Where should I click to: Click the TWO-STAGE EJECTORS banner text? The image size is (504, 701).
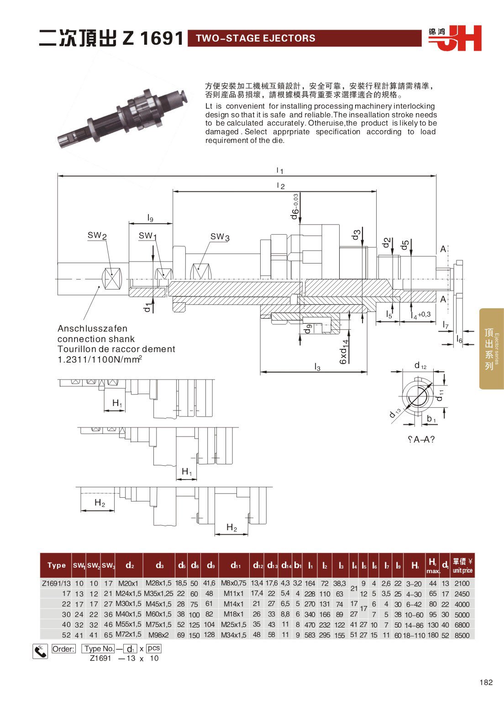point(255,38)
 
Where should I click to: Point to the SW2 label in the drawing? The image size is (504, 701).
point(97,236)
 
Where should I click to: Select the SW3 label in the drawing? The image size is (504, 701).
point(220,237)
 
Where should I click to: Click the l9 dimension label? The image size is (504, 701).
point(150,218)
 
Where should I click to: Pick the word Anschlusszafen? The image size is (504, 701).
point(92,328)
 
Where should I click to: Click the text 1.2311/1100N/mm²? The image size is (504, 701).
point(100,359)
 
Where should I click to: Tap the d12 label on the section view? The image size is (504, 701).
point(420,365)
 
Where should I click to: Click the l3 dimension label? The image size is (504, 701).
point(317,367)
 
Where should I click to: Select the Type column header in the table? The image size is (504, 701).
point(57,565)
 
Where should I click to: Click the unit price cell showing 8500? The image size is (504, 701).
point(462,635)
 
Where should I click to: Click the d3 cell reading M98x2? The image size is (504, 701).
point(158,635)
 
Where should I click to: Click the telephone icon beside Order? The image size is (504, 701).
point(40,651)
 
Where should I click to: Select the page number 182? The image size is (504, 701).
point(486,682)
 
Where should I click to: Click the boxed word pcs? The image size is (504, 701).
point(154,648)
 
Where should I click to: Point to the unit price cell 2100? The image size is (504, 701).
point(462,583)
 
